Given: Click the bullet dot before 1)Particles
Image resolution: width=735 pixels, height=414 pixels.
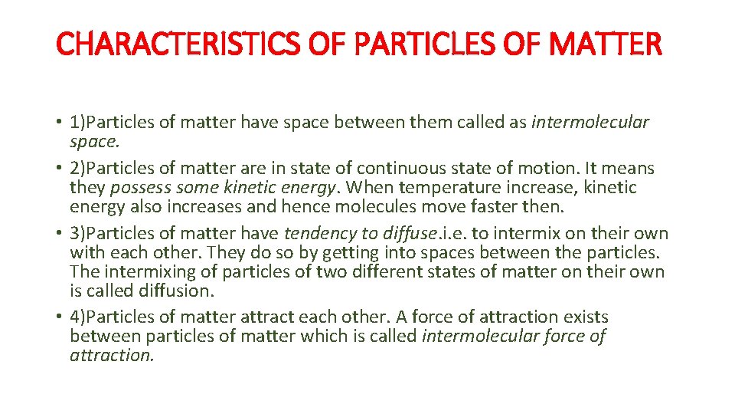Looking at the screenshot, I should [60, 123].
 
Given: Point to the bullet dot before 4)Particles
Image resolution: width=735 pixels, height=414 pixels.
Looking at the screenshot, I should [60, 317].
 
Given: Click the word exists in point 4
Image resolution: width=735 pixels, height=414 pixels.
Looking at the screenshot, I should [583, 317].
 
